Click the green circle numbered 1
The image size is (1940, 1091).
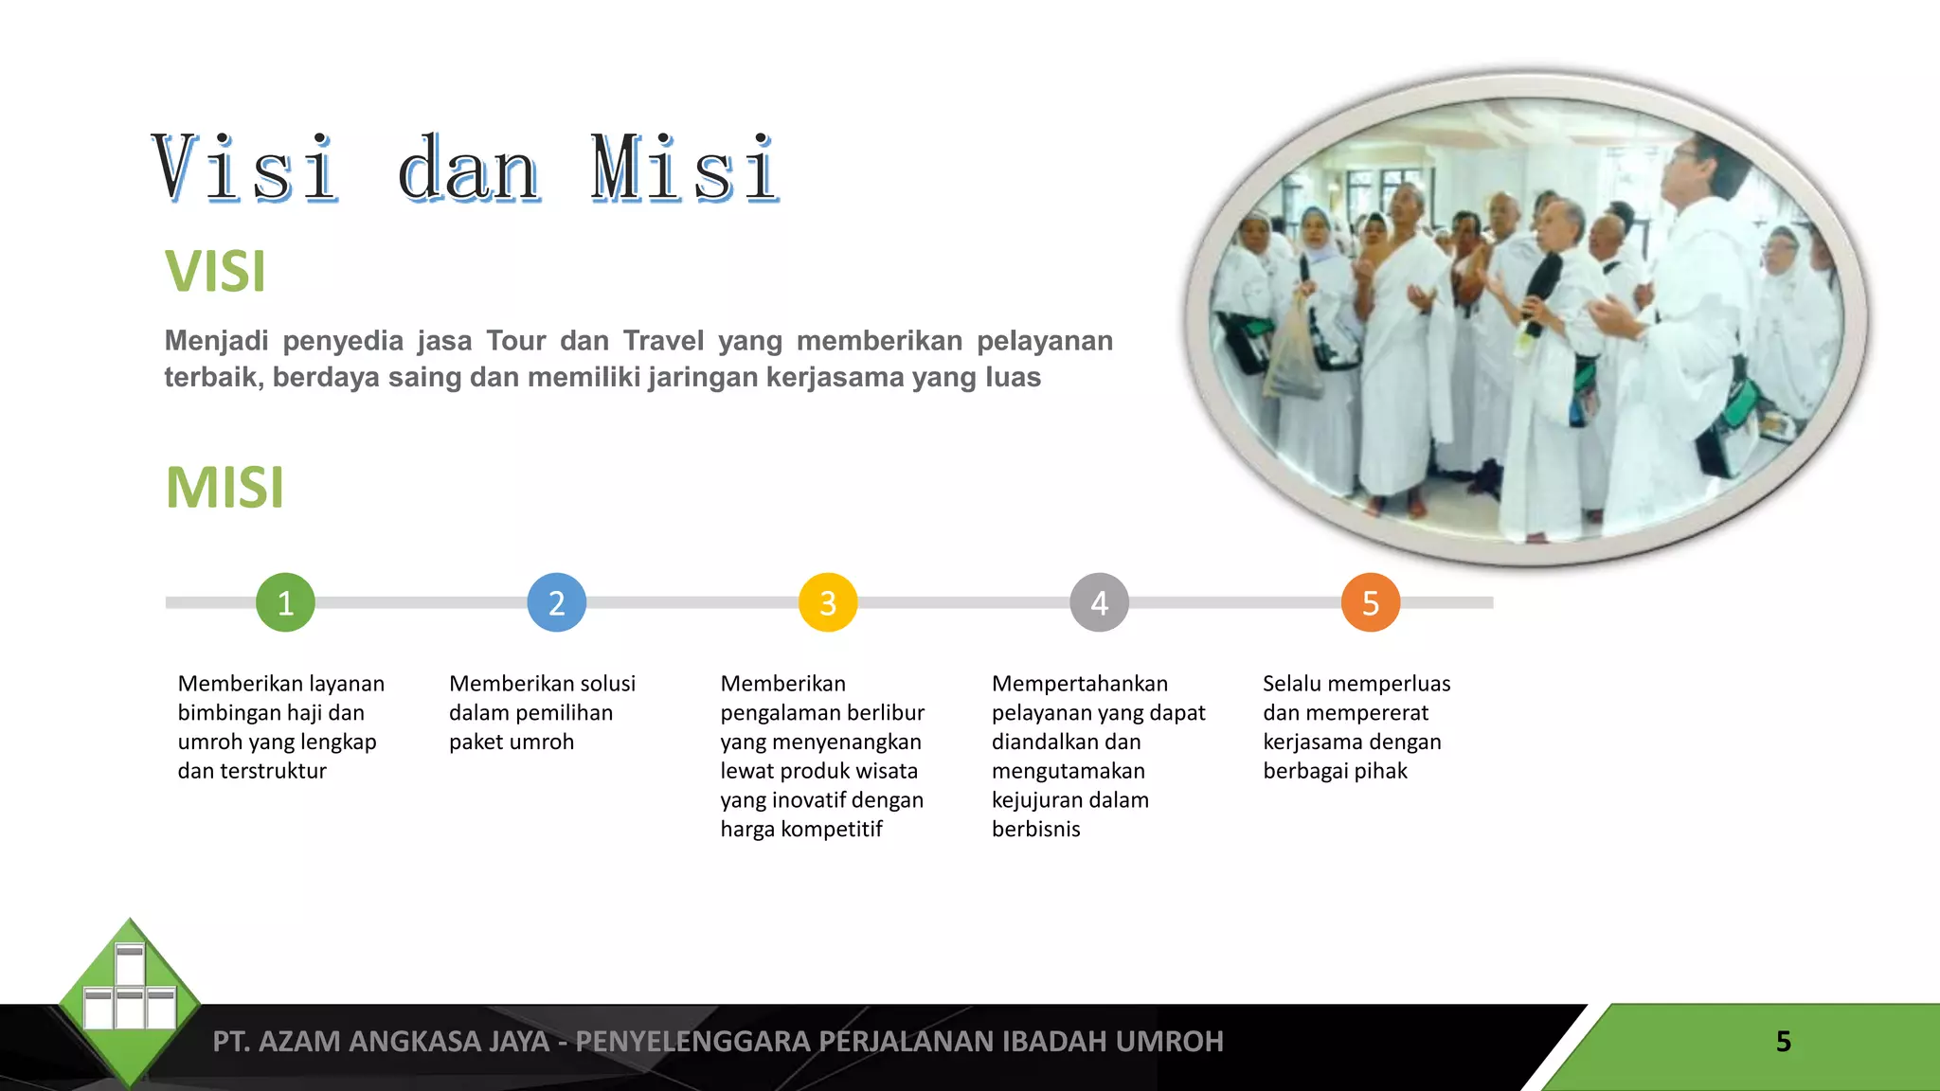point(285,602)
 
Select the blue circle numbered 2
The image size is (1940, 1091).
point(557,602)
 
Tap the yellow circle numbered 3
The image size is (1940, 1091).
point(828,602)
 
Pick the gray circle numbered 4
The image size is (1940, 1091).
point(1099,602)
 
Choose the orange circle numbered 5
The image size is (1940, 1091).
point(1371,602)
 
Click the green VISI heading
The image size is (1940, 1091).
point(215,272)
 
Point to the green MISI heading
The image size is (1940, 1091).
point(225,488)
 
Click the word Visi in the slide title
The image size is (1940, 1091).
point(244,170)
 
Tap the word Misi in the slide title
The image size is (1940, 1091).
point(684,170)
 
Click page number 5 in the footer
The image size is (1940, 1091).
point(1783,1042)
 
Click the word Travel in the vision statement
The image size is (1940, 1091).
point(663,341)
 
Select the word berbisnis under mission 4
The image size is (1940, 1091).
point(1035,830)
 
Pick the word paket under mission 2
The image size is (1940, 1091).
point(477,742)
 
